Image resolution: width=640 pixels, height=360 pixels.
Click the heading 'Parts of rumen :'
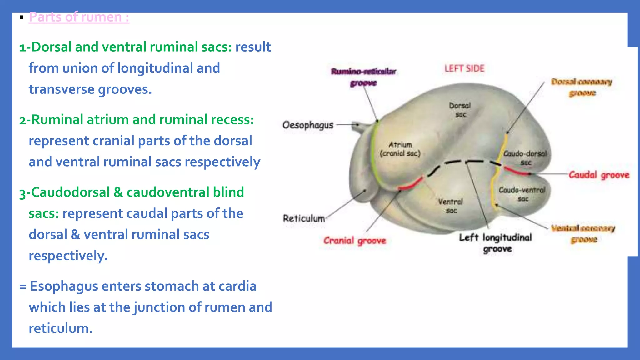[x=79, y=17]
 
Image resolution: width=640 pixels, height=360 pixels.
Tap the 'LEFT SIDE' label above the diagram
[x=464, y=68]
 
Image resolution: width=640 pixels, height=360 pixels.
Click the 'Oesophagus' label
[x=308, y=125]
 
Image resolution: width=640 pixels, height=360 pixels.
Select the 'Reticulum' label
[x=304, y=218]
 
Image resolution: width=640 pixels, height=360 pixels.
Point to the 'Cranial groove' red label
[x=355, y=241]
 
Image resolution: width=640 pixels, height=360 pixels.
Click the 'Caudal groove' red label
[x=598, y=175]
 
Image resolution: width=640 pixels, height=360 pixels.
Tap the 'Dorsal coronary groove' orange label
[x=582, y=87]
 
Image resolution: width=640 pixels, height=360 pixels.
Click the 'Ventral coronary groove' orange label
[x=583, y=234]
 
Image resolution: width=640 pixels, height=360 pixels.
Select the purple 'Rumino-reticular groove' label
[x=363, y=77]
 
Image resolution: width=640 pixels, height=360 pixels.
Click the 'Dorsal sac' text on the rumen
[x=460, y=110]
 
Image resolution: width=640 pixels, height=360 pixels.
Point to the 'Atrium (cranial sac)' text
[x=400, y=149]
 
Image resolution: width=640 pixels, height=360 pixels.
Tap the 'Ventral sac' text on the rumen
[x=451, y=206]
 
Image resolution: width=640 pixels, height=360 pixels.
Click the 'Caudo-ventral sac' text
[x=522, y=194]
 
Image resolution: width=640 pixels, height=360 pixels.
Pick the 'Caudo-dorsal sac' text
[x=525, y=158]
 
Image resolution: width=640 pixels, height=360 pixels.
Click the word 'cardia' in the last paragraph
[x=237, y=286]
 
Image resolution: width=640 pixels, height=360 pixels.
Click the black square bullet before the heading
[x=22, y=17]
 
